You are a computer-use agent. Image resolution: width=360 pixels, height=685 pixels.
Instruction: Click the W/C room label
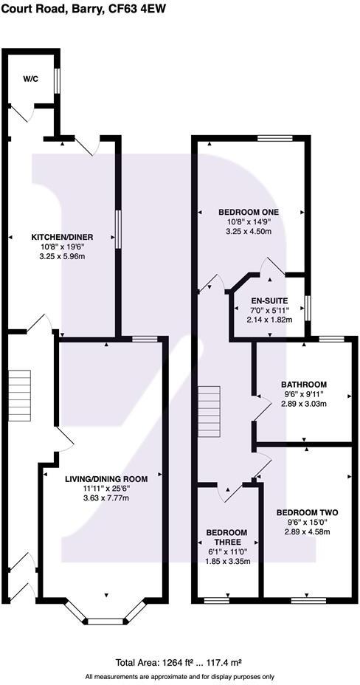pyautogui.click(x=30, y=78)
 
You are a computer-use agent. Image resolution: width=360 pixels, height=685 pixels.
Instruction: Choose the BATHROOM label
pyautogui.click(x=303, y=385)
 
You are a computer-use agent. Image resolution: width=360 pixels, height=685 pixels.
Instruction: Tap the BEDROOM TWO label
pyautogui.click(x=307, y=512)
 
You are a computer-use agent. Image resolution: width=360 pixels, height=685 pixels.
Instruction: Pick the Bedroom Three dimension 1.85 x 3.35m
pyautogui.click(x=226, y=562)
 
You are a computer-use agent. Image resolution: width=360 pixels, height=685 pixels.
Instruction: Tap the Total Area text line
pyautogui.click(x=179, y=662)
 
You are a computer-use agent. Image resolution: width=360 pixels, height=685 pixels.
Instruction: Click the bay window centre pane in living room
pyautogui.click(x=103, y=621)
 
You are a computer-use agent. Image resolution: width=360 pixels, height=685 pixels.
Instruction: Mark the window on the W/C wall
pyautogui.click(x=56, y=82)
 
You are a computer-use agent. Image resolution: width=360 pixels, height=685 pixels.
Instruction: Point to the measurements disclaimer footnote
pyautogui.click(x=179, y=676)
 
